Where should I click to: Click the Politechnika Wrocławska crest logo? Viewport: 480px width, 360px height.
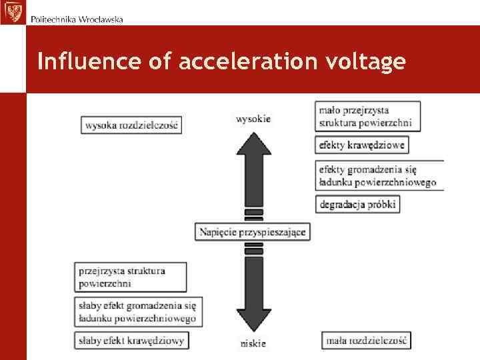click(x=11, y=11)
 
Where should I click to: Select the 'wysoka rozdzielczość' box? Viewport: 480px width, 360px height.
click(x=132, y=124)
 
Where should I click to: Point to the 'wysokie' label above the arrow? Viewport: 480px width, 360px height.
click(x=253, y=119)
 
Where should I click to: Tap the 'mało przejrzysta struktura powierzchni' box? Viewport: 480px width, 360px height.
click(x=367, y=116)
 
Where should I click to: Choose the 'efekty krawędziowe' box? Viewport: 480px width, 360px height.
click(x=361, y=145)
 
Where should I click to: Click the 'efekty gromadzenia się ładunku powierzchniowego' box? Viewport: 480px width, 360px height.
click(x=379, y=175)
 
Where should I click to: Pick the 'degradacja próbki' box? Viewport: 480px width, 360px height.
click(x=357, y=204)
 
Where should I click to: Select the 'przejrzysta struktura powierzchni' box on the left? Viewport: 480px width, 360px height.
click(x=131, y=277)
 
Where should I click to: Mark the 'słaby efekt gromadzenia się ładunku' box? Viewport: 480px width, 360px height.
click(x=138, y=311)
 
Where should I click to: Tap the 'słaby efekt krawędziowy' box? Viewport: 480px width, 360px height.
click(x=132, y=341)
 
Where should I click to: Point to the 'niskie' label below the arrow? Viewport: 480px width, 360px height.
click(x=253, y=343)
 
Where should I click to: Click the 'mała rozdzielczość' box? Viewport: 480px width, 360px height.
click(x=366, y=341)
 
